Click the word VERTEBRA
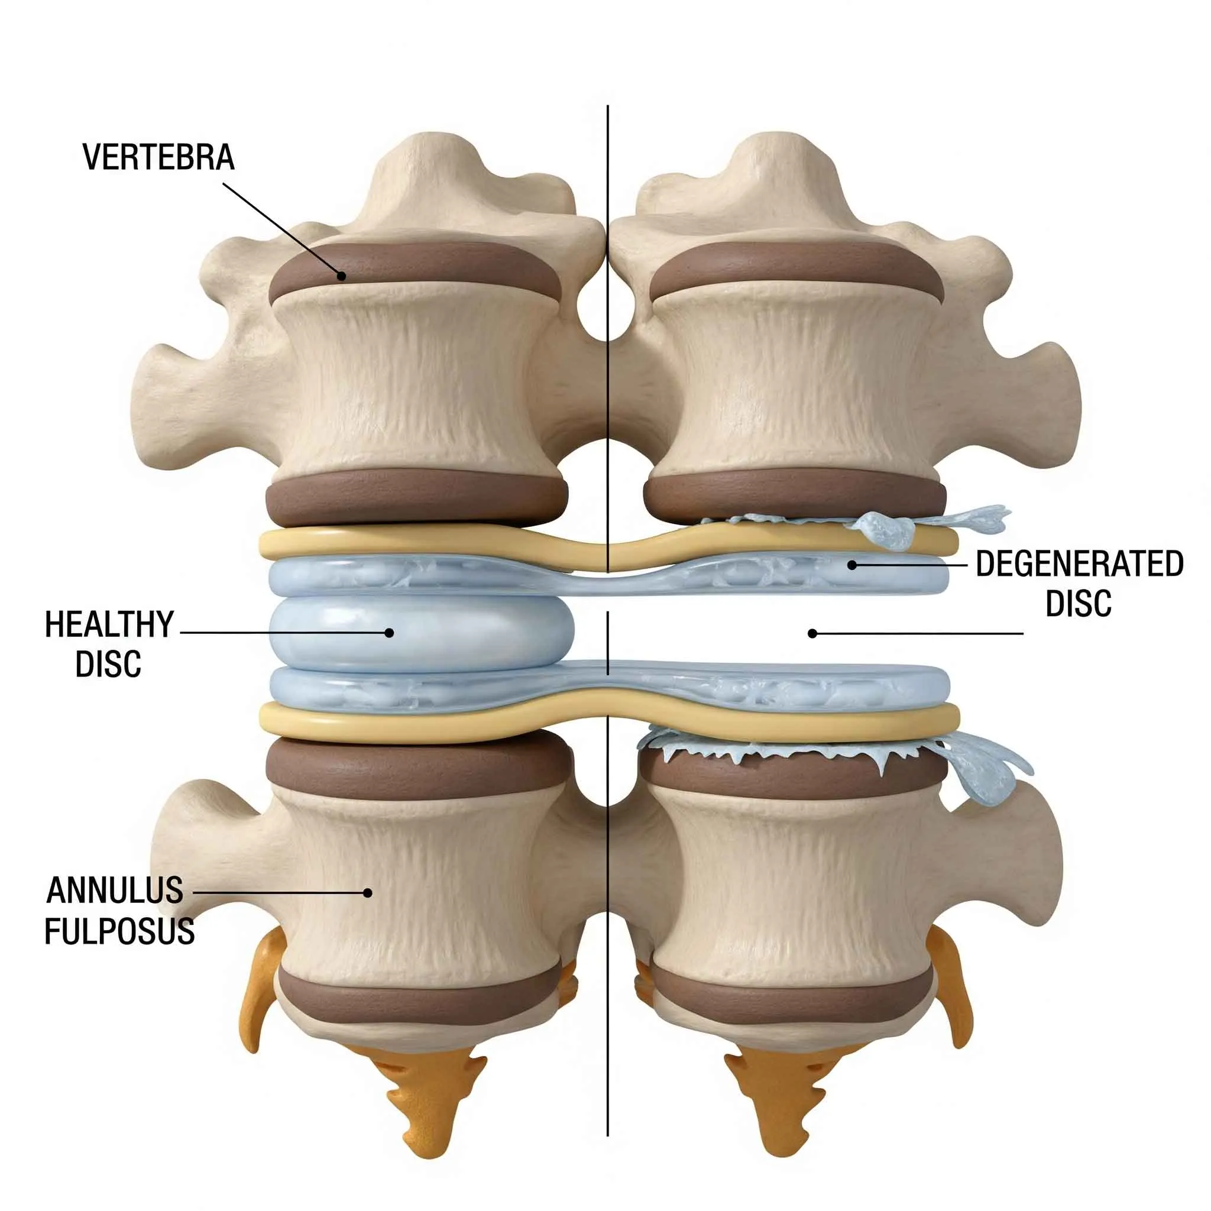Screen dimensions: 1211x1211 [158, 157]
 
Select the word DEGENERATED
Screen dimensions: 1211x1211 [1079, 564]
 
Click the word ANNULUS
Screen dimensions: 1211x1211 [115, 891]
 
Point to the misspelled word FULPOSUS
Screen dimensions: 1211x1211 [119, 931]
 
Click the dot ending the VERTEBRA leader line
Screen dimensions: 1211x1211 [341, 274]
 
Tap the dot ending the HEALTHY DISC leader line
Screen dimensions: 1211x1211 [388, 633]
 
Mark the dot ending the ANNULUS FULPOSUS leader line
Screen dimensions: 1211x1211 [368, 892]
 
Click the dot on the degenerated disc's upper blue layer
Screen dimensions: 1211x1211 [852, 565]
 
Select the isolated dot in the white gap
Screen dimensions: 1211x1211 [812, 633]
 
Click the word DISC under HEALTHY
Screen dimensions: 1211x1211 [108, 665]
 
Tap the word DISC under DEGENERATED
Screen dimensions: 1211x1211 [1079, 604]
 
